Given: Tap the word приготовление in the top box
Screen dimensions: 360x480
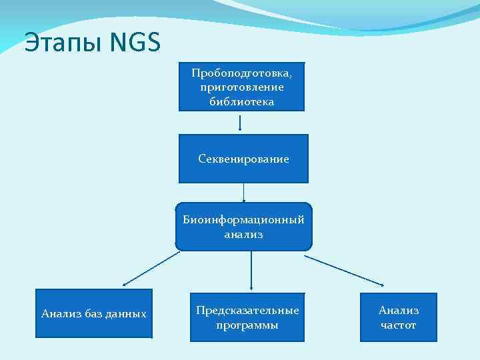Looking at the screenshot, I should click(241, 87).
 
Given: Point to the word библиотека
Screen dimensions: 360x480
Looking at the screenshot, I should click(241, 102).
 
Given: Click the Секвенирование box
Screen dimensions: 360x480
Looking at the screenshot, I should click(243, 159).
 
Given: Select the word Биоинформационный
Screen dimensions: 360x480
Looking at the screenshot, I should click(244, 220).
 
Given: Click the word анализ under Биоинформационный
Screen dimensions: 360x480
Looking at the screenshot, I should click(244, 235).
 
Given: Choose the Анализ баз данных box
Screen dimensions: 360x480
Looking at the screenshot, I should click(94, 313).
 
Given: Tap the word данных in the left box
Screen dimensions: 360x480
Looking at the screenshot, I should click(129, 313).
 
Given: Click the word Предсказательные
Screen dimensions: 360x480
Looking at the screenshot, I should click(247, 311).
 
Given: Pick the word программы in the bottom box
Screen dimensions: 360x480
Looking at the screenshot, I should click(247, 325).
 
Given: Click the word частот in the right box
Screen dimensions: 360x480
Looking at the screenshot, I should click(398, 325).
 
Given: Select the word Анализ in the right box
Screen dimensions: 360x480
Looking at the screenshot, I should click(399, 311).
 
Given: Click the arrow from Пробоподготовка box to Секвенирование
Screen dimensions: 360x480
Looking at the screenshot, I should click(240, 122).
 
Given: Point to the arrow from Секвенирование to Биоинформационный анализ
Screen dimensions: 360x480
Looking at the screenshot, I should click(244, 192).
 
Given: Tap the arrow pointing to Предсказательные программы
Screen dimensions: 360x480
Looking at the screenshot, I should click(251, 270).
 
